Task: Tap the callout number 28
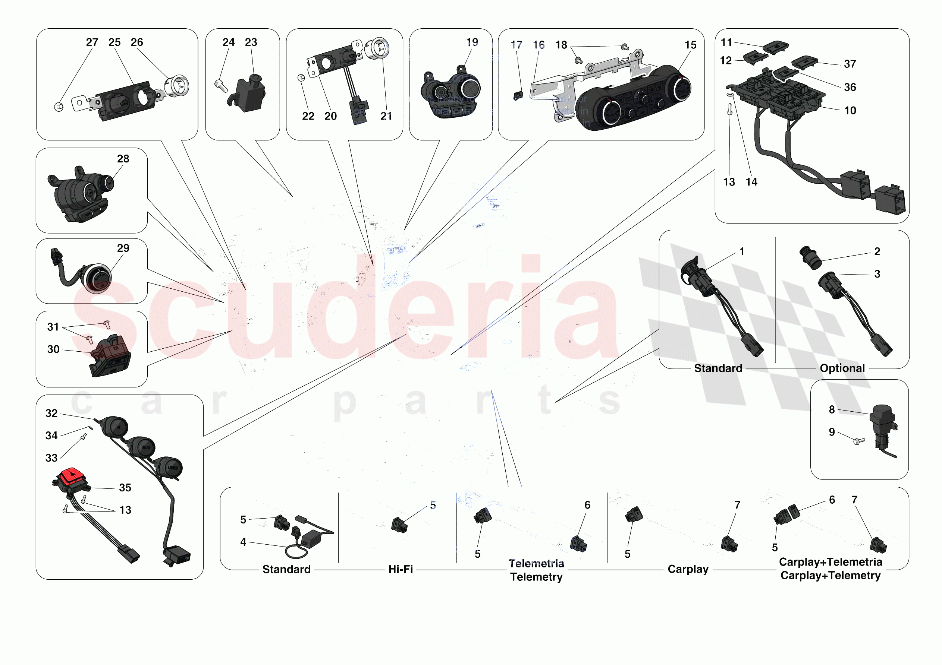point(123,159)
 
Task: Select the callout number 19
point(472,42)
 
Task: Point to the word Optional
point(842,368)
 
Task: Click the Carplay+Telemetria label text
point(830,562)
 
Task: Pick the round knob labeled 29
point(98,279)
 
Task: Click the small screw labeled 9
point(858,441)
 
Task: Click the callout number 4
point(243,542)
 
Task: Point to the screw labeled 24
point(220,86)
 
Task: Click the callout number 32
point(51,413)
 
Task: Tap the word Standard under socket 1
point(718,368)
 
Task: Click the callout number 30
point(53,349)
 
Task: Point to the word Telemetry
point(536,577)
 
